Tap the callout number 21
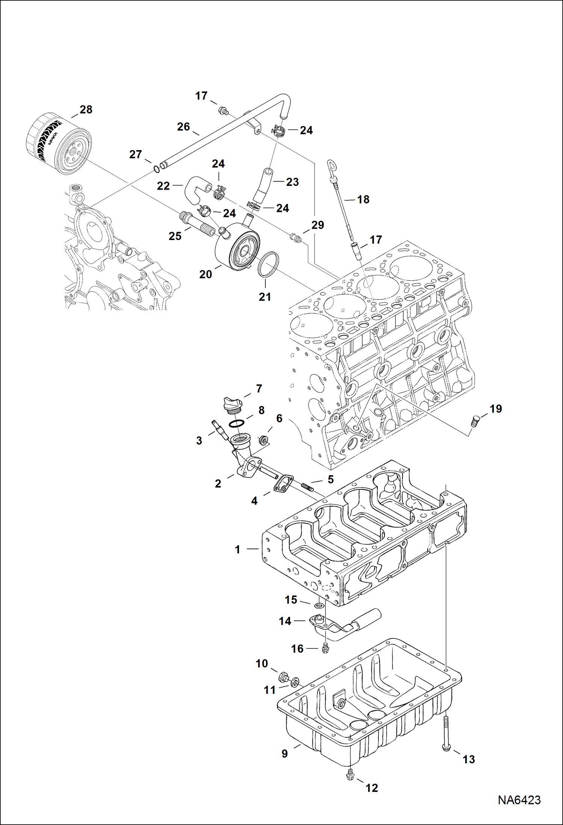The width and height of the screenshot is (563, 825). coord(265,297)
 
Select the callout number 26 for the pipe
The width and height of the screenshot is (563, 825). coord(183,127)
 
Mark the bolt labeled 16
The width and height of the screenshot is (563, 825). coord(325,648)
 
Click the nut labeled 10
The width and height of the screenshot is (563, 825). coord(284,678)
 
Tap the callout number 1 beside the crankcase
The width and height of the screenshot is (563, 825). coord(237,550)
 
